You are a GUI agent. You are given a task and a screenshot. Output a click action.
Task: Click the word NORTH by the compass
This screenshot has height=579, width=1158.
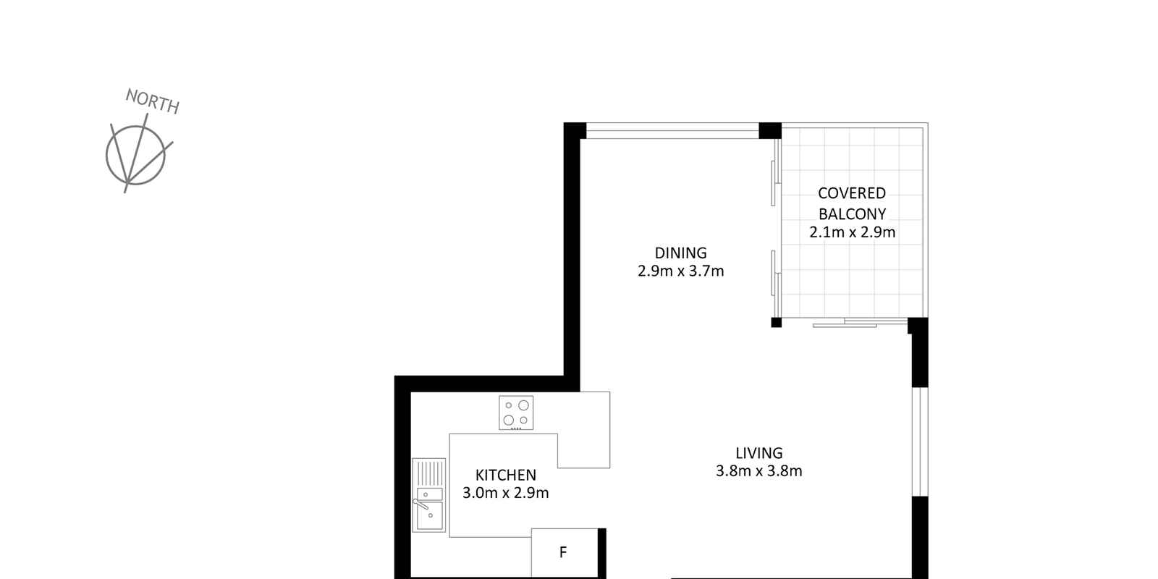pos(153,101)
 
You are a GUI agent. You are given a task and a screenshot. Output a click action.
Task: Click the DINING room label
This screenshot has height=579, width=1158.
pos(680,253)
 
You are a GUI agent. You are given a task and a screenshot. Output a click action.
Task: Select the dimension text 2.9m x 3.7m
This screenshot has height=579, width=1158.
pos(680,271)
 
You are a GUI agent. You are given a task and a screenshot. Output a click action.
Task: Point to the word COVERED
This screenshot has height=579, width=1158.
pos(851,193)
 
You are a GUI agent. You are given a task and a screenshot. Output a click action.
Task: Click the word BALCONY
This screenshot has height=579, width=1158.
pos(852,214)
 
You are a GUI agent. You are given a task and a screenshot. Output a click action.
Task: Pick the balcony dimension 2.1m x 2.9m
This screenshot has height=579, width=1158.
pos(852,232)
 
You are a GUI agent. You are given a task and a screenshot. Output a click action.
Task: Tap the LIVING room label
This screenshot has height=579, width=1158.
pos(759,453)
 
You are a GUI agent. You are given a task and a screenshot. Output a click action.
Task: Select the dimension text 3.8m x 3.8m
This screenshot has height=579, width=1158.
pos(759,471)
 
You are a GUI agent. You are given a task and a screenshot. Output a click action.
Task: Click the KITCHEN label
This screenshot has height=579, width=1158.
pos(506,475)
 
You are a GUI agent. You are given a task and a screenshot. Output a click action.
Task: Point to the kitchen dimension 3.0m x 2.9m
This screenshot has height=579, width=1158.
pos(506,493)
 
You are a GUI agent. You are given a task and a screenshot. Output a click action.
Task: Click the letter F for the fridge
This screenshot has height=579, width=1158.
pos(563,552)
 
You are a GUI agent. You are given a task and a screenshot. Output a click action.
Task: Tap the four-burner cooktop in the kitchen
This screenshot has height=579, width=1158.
pos(516,413)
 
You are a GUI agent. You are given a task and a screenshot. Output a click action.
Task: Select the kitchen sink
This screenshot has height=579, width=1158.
pos(428,495)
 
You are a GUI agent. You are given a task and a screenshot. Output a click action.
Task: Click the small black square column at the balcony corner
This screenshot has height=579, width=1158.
pos(776,323)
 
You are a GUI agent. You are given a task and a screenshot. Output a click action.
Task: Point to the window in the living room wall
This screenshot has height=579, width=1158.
pos(920,441)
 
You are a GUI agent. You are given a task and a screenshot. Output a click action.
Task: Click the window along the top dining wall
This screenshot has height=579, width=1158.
pos(672,131)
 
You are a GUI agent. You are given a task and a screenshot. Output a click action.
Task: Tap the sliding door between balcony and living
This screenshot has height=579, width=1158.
pos(861,323)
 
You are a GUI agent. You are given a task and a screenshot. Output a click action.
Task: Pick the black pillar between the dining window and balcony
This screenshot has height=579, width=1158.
pos(770,131)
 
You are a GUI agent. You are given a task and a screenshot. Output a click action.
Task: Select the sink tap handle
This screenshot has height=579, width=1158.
pos(420,504)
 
